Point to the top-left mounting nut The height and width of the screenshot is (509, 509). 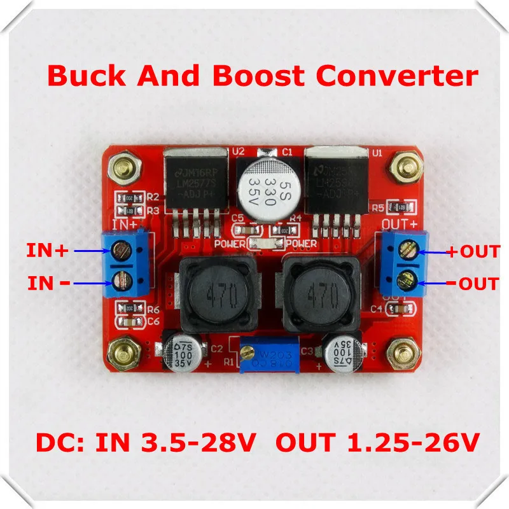[x=122, y=168]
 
